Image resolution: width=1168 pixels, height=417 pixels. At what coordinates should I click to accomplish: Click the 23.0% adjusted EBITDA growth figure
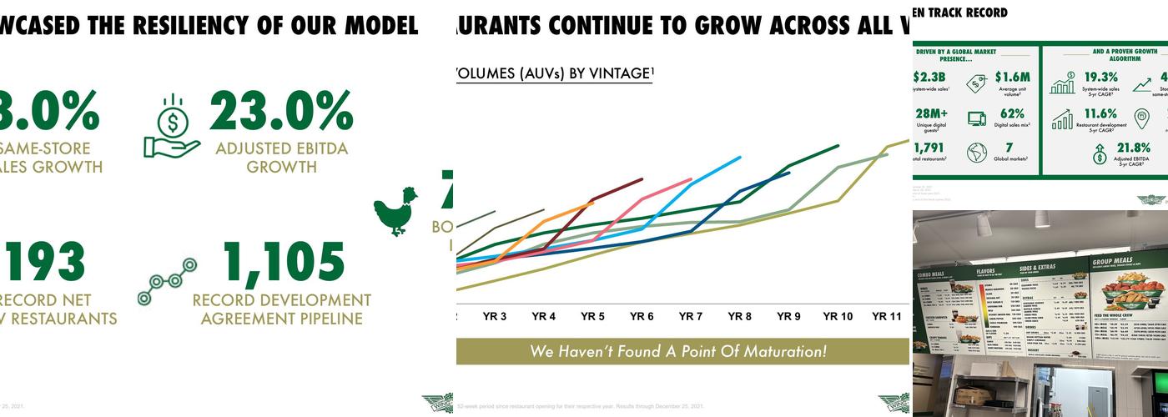pos(281,112)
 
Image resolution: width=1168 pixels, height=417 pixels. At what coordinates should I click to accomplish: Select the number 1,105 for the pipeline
pos(284,264)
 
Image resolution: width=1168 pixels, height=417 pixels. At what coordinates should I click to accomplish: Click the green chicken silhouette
pos(395,212)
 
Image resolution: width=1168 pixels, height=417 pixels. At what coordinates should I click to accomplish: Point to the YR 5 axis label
pos(592,317)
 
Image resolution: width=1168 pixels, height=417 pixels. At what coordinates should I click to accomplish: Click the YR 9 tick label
pos(788,317)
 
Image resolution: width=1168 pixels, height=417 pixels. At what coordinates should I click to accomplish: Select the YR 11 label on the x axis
pos(887,317)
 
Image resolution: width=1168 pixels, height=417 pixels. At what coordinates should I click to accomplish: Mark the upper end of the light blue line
pos(739,157)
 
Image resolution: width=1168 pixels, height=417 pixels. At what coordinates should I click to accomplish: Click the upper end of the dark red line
pos(642,178)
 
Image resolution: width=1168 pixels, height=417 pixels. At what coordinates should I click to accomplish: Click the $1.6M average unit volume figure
pos(1012,78)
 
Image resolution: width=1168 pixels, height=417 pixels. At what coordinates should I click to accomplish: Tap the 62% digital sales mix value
pos(1012,113)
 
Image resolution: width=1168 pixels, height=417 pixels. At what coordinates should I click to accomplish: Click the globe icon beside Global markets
pos(976,153)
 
